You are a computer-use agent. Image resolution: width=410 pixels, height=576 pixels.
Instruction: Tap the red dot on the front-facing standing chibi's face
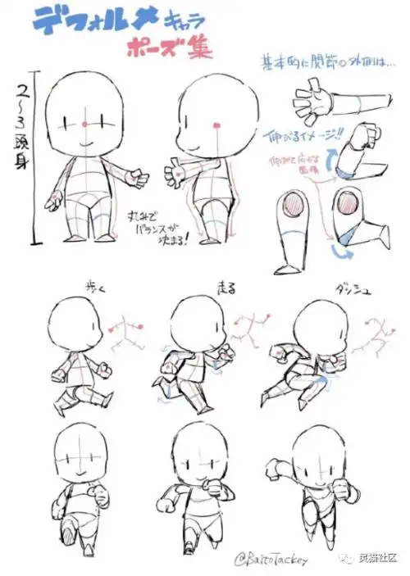[x=85, y=124]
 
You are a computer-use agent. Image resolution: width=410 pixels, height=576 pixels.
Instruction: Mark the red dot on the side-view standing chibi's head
[x=216, y=125]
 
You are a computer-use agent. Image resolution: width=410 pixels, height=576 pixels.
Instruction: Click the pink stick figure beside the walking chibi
[x=125, y=332]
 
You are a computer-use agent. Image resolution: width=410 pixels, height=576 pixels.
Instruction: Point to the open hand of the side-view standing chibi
[x=174, y=174]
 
